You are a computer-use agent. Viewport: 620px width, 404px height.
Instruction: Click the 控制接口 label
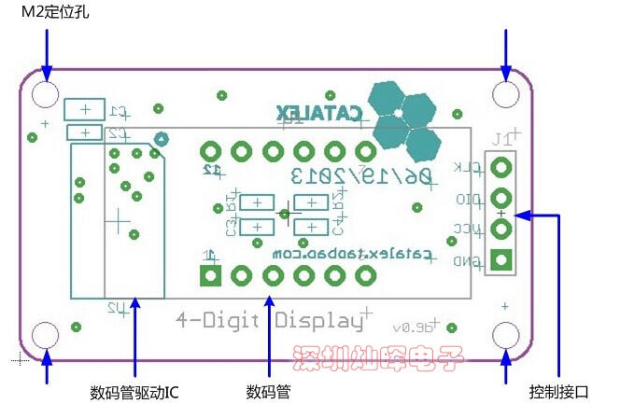point(558,390)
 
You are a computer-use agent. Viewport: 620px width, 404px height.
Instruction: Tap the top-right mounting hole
point(505,94)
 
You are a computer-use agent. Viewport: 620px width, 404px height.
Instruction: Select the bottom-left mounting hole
point(46,335)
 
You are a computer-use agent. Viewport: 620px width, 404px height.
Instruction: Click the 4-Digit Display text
point(270,320)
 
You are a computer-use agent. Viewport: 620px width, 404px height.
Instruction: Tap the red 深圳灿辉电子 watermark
point(378,359)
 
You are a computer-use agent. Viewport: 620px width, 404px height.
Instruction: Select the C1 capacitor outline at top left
point(85,110)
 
